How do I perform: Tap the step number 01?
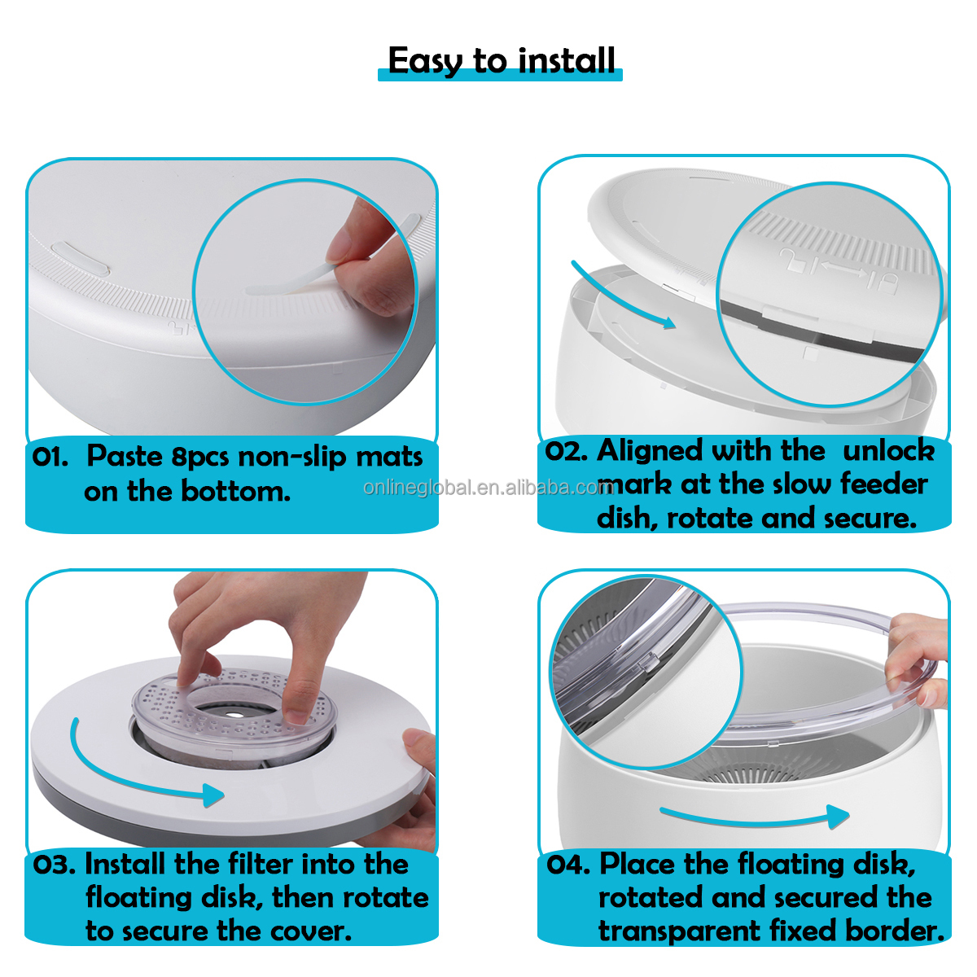(x=50, y=457)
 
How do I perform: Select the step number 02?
(x=566, y=451)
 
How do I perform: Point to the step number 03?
(x=55, y=865)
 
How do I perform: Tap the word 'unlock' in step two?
(x=888, y=450)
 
